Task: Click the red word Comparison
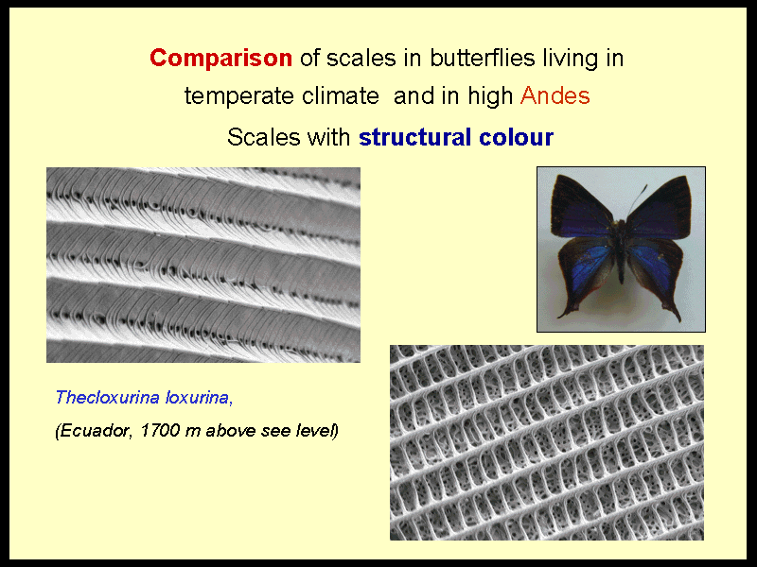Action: [220, 59]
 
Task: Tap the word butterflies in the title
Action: [483, 58]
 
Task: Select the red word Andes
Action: [555, 95]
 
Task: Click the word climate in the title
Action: [341, 95]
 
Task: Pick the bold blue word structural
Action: [415, 137]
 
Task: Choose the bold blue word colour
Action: [516, 137]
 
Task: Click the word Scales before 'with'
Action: [264, 137]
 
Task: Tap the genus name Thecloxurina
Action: [107, 397]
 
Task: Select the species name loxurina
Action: [199, 398]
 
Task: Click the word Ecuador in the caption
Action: [94, 431]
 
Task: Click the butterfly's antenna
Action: [637, 199]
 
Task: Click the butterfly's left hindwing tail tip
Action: [560, 316]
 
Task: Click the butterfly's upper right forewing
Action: [660, 207]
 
